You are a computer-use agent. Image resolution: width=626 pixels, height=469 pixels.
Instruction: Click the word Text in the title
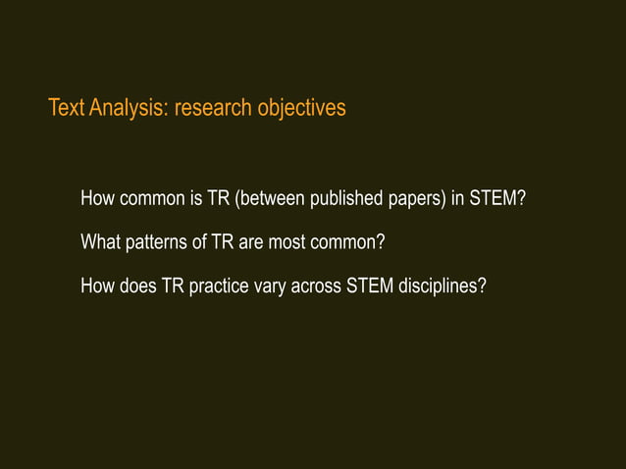[66, 107]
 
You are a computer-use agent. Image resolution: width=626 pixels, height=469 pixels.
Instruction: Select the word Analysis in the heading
[128, 107]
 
